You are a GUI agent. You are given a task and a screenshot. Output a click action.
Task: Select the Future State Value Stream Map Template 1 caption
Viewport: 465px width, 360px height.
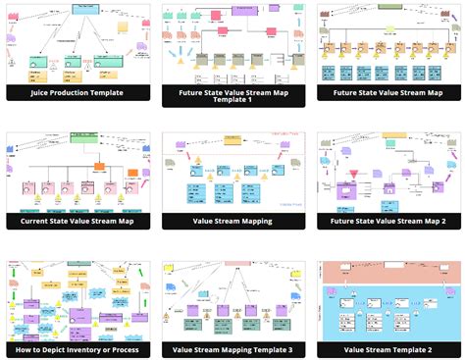[233, 93]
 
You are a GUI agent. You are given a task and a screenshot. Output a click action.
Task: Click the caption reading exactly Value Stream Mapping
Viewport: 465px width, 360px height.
[233, 221]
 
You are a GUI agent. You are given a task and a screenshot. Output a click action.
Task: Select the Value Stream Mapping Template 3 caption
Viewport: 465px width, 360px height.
[233, 349]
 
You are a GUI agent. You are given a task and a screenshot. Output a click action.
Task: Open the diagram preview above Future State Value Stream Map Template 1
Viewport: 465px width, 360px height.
[233, 43]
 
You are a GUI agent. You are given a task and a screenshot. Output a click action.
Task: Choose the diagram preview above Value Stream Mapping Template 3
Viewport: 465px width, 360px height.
[233, 300]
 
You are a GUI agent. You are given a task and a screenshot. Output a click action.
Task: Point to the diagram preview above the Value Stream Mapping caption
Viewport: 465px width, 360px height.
[233, 172]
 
